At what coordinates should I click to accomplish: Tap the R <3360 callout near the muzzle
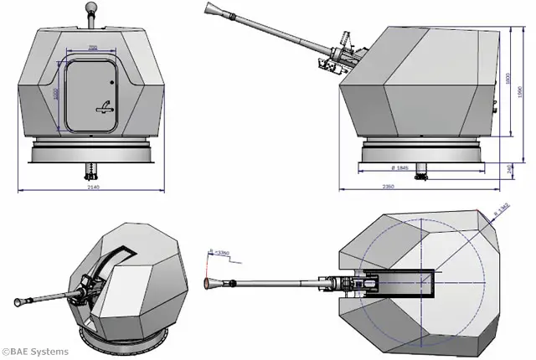[220, 251]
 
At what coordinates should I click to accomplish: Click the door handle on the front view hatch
[104, 106]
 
